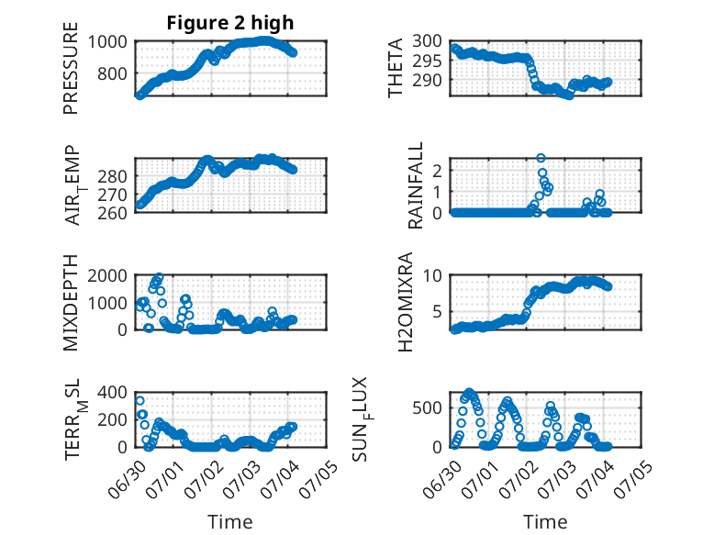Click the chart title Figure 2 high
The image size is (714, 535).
(x=230, y=23)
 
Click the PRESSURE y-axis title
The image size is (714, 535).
(x=71, y=68)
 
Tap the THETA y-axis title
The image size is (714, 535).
(x=396, y=68)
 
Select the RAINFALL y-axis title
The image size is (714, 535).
(x=416, y=185)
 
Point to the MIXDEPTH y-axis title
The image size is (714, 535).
(x=71, y=302)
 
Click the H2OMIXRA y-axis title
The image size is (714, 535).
(x=405, y=302)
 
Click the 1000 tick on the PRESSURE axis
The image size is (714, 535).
(x=107, y=42)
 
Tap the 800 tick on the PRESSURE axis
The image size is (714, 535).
(x=112, y=73)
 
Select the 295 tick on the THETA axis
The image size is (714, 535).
(x=427, y=61)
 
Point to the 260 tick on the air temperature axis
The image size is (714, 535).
(x=112, y=213)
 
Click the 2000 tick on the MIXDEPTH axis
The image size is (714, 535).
(x=107, y=275)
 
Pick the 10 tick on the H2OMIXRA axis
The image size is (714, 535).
(x=432, y=275)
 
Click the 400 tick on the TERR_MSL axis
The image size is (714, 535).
(x=112, y=392)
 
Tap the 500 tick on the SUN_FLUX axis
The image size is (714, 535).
(x=427, y=408)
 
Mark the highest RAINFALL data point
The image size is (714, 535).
(x=541, y=158)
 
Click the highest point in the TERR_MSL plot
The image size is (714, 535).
(x=139, y=401)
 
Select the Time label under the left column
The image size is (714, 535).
(x=230, y=522)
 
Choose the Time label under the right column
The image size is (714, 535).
(x=545, y=522)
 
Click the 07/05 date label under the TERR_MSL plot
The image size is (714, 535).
(x=318, y=479)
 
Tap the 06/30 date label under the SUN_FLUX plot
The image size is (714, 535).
(x=441, y=479)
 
